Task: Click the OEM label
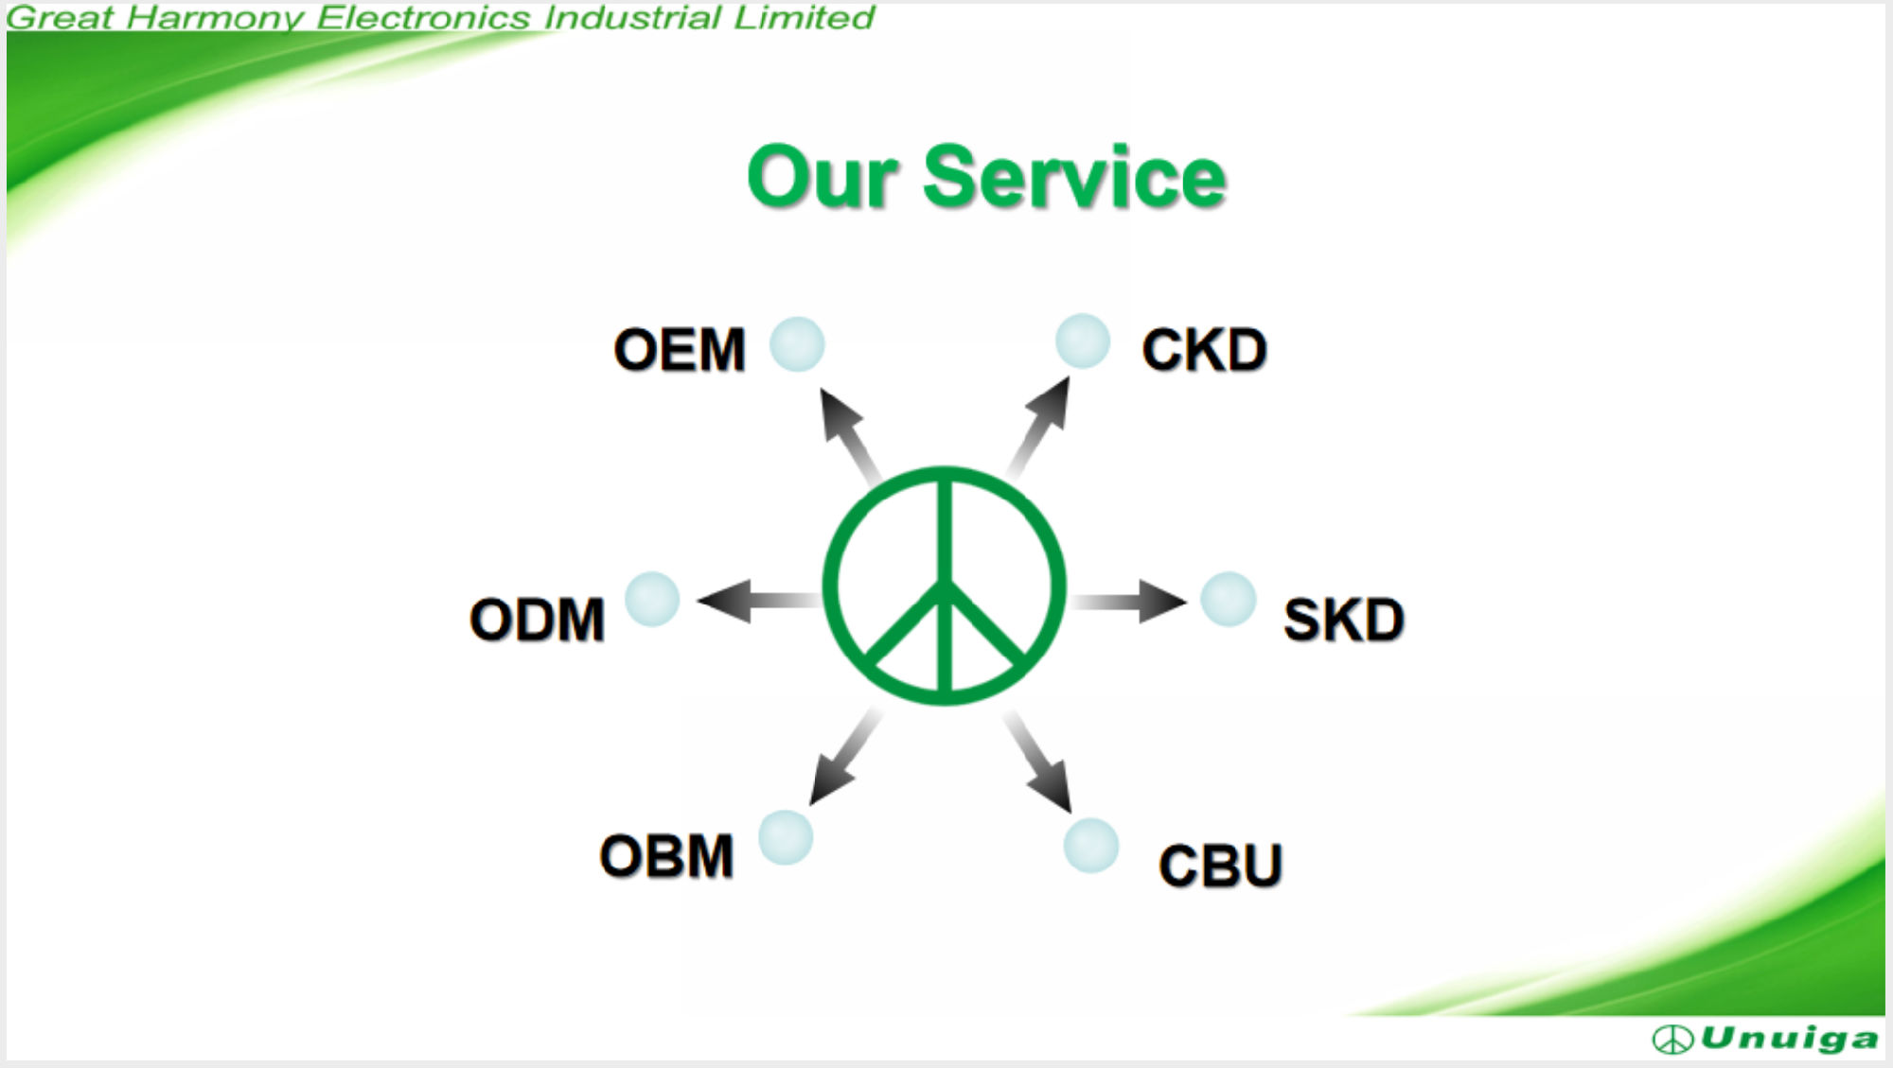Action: click(680, 349)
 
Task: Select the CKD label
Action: click(1204, 349)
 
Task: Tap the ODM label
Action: click(537, 620)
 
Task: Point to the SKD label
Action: click(1343, 620)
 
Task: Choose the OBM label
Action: click(666, 856)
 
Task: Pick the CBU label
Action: click(1220, 866)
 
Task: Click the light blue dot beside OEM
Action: click(797, 343)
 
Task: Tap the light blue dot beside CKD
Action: click(1083, 341)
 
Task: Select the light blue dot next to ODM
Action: click(652, 599)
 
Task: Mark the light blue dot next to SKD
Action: click(1229, 599)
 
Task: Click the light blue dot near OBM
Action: click(786, 837)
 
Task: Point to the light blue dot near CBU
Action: click(1091, 845)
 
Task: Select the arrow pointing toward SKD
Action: click(1128, 601)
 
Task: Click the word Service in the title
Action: click(1074, 177)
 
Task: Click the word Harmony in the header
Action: click(215, 17)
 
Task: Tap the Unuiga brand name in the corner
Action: click(1789, 1039)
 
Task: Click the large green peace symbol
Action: click(945, 473)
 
